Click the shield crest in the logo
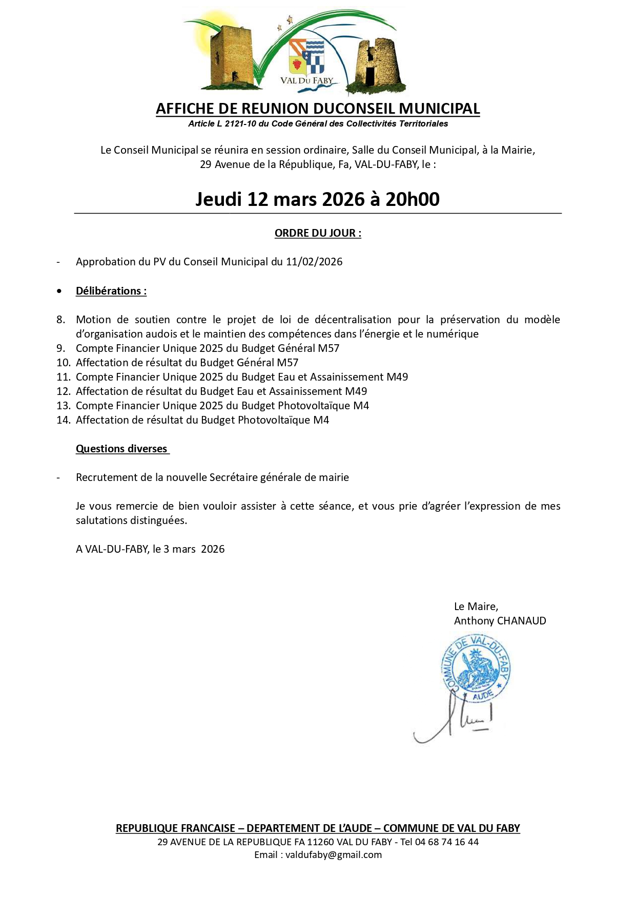click(306, 57)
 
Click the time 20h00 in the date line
click(412, 199)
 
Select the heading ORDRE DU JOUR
click(318, 233)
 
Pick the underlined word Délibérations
click(111, 291)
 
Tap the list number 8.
click(60, 320)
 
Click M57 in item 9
click(329, 348)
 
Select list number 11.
click(63, 377)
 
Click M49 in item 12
click(356, 391)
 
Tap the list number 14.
click(63, 420)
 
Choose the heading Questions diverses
click(121, 449)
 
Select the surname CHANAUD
click(522, 621)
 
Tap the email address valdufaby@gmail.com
click(333, 854)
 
